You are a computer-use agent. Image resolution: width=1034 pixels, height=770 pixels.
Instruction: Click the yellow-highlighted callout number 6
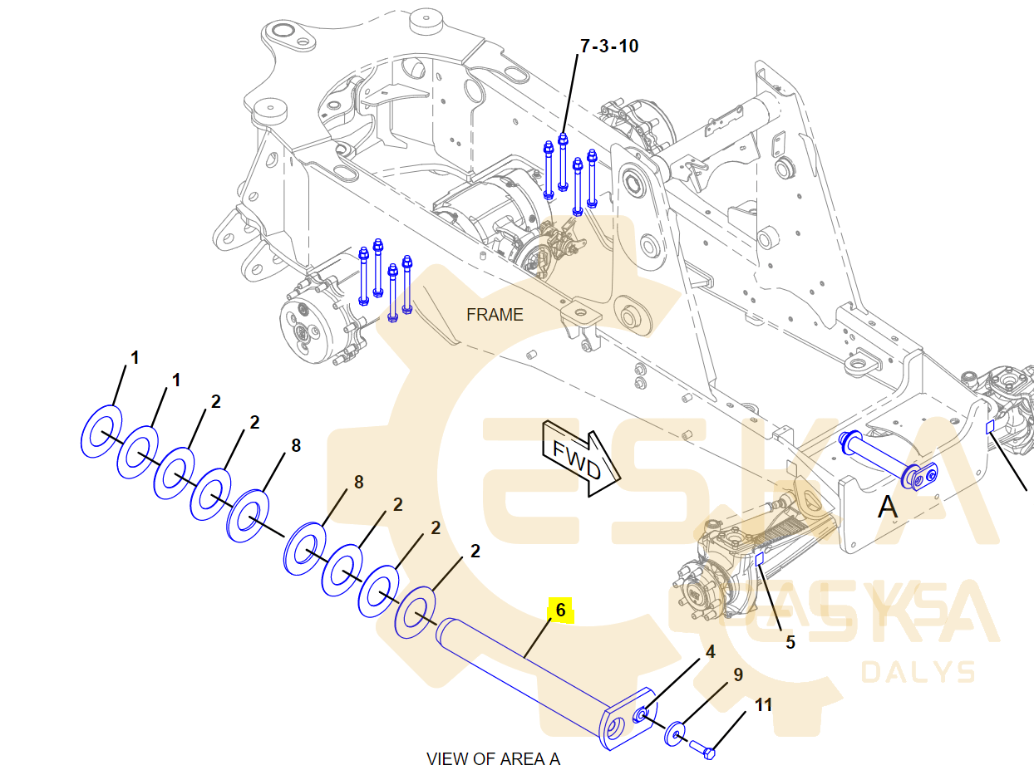click(561, 611)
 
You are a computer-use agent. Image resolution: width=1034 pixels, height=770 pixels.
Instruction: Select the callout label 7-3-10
click(609, 47)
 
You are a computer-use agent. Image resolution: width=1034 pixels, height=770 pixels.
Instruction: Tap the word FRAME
click(495, 315)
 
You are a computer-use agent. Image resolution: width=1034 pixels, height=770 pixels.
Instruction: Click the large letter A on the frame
click(888, 507)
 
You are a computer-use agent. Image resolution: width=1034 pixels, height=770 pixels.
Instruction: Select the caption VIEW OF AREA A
click(493, 759)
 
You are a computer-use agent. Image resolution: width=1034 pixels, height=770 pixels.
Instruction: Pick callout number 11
click(763, 705)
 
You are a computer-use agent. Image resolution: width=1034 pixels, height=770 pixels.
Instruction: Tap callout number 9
click(737, 675)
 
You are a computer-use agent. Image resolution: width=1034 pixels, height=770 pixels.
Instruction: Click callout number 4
click(710, 652)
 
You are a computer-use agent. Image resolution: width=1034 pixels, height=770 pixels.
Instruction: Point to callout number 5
click(790, 642)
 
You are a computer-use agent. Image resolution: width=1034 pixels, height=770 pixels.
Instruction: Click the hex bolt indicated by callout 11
click(702, 749)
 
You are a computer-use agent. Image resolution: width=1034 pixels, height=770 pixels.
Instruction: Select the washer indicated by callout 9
click(675, 733)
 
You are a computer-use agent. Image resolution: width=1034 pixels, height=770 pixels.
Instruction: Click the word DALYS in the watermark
click(918, 671)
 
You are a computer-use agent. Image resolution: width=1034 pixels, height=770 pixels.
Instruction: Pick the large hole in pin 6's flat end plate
click(615, 728)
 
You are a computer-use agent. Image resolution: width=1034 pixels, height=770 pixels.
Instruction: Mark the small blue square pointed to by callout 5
click(759, 559)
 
